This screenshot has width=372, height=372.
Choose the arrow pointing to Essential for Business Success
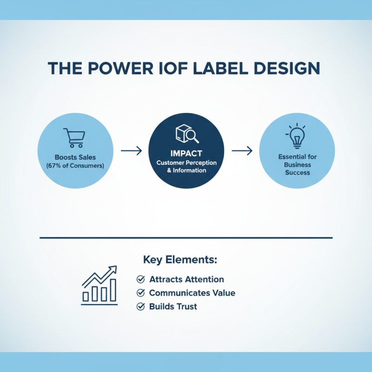pos(242,151)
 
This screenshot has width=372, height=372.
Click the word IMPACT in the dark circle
pos(186,153)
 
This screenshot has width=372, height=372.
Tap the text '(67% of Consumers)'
pos(74,166)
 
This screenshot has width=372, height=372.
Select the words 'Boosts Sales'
pos(74,157)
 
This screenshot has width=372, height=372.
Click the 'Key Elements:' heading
pos(180,259)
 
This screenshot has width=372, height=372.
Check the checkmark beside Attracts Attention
pos(140,279)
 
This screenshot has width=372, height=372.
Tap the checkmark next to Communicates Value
pos(140,293)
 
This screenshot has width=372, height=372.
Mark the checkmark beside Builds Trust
pos(140,306)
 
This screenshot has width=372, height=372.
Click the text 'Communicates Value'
pos(192,293)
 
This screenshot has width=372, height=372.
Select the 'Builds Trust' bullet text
pos(173,306)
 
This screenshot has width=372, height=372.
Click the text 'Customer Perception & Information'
pos(186,166)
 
